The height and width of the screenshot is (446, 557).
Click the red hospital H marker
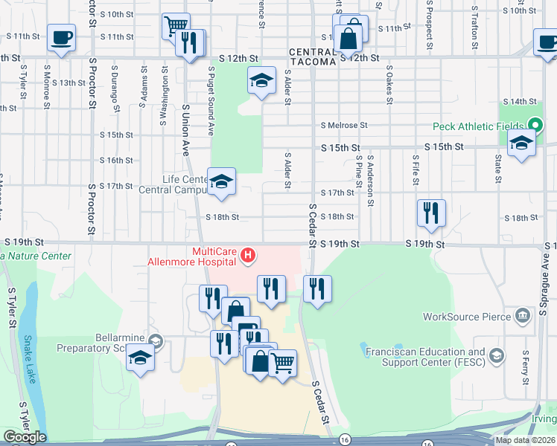click(x=249, y=258)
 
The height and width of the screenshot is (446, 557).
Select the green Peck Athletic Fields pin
click(x=534, y=126)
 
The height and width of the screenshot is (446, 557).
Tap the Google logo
click(x=25, y=437)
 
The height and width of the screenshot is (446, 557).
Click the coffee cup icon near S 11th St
click(x=61, y=36)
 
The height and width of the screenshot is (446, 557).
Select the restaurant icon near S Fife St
click(x=431, y=213)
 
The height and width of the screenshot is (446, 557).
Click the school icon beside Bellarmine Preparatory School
click(x=139, y=358)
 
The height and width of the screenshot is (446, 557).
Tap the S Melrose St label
click(x=344, y=126)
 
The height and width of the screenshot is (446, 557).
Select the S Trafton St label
click(x=474, y=28)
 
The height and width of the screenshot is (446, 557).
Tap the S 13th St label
click(x=68, y=83)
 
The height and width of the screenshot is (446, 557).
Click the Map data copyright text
click(x=525, y=440)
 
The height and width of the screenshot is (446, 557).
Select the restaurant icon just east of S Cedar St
click(x=318, y=288)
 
